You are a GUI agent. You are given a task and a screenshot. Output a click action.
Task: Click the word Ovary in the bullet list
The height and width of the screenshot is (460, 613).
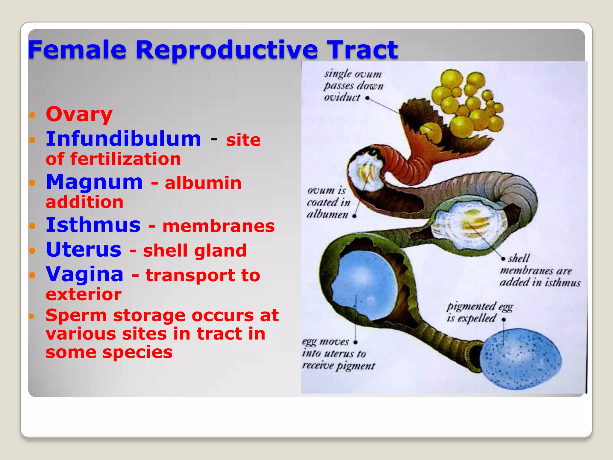click(x=79, y=114)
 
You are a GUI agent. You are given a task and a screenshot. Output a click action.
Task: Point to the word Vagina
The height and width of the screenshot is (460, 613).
click(x=85, y=274)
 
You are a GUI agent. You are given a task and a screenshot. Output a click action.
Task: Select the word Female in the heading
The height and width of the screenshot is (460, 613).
click(x=77, y=50)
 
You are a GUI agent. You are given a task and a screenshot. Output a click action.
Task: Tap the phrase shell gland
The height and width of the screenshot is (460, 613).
click(x=195, y=250)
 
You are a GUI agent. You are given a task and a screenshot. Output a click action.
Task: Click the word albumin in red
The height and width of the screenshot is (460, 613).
click(x=203, y=183)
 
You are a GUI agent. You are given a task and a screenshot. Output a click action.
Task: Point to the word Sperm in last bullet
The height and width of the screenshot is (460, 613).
click(x=76, y=316)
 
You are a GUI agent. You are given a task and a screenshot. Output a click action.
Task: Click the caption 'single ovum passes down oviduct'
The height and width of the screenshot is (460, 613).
click(x=353, y=86)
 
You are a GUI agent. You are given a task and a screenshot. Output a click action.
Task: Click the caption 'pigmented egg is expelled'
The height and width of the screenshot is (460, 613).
click(x=479, y=312)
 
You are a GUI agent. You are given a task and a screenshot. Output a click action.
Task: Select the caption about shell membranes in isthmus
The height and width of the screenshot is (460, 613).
click(x=539, y=270)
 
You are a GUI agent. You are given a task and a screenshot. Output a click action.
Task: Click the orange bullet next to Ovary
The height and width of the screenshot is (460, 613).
click(x=32, y=115)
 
